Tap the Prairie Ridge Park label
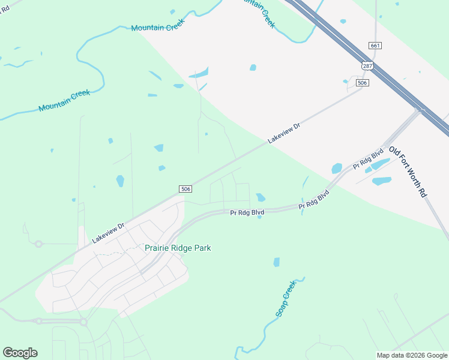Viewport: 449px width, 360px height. tap(178, 248)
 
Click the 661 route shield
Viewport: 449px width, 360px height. tap(375, 46)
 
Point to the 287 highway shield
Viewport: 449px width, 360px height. tap(367, 65)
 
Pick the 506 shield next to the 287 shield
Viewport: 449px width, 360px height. tap(361, 83)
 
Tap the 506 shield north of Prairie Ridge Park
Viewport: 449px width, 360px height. tap(185, 188)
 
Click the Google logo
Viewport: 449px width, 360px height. tap(20, 353)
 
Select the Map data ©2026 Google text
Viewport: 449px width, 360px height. tap(412, 355)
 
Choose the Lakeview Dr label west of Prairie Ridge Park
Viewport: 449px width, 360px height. tap(108, 233)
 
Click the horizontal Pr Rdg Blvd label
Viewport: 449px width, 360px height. tap(247, 212)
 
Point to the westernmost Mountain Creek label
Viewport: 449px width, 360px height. tap(64, 100)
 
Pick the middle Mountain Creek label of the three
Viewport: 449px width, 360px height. tap(157, 25)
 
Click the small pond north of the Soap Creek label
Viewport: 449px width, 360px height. tap(277, 262)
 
